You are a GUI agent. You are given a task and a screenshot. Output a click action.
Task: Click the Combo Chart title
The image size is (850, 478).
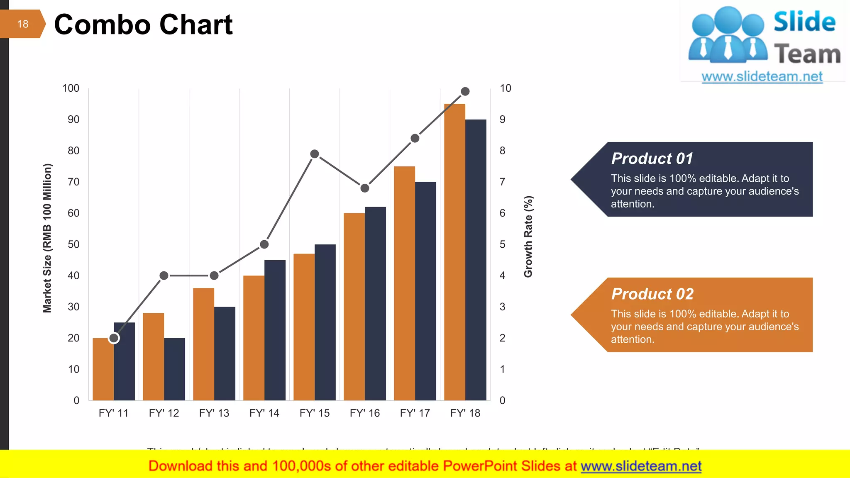click(x=143, y=24)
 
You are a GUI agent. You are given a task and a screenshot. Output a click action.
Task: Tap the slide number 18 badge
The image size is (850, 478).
click(x=22, y=24)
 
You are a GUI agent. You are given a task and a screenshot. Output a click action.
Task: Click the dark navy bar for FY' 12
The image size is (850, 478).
click(x=174, y=369)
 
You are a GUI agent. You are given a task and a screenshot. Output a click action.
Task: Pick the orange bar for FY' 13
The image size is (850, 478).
click(x=203, y=344)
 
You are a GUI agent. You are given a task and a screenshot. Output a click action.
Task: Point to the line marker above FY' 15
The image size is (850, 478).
click(x=315, y=154)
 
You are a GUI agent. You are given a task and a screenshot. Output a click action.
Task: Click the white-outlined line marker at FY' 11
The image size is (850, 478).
click(x=114, y=338)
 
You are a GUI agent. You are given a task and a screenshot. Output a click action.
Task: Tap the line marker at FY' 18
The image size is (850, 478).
click(x=465, y=91)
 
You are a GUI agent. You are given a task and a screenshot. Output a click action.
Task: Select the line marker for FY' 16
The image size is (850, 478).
click(x=365, y=188)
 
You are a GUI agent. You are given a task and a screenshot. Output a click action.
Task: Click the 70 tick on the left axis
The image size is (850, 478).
click(x=73, y=182)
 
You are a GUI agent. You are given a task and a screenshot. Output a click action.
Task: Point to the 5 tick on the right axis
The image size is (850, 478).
click(x=502, y=244)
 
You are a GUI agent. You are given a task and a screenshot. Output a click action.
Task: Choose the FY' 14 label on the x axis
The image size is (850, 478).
click(x=264, y=413)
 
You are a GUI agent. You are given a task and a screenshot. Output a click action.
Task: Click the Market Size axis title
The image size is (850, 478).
click(x=47, y=238)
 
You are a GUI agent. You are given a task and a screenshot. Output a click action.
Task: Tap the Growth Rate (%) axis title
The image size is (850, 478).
click(x=528, y=237)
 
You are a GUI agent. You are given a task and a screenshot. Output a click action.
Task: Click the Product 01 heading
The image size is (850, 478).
click(x=652, y=159)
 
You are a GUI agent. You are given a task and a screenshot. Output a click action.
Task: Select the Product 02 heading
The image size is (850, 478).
click(x=652, y=294)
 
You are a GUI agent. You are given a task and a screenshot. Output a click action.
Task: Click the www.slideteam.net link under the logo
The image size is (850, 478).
click(x=762, y=77)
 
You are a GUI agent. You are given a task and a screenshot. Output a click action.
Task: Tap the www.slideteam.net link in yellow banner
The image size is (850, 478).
click(x=641, y=466)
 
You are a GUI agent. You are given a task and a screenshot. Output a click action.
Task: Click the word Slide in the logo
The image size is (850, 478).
click(x=804, y=22)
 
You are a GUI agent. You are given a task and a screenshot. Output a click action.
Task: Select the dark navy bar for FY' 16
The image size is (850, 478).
click(x=375, y=303)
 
